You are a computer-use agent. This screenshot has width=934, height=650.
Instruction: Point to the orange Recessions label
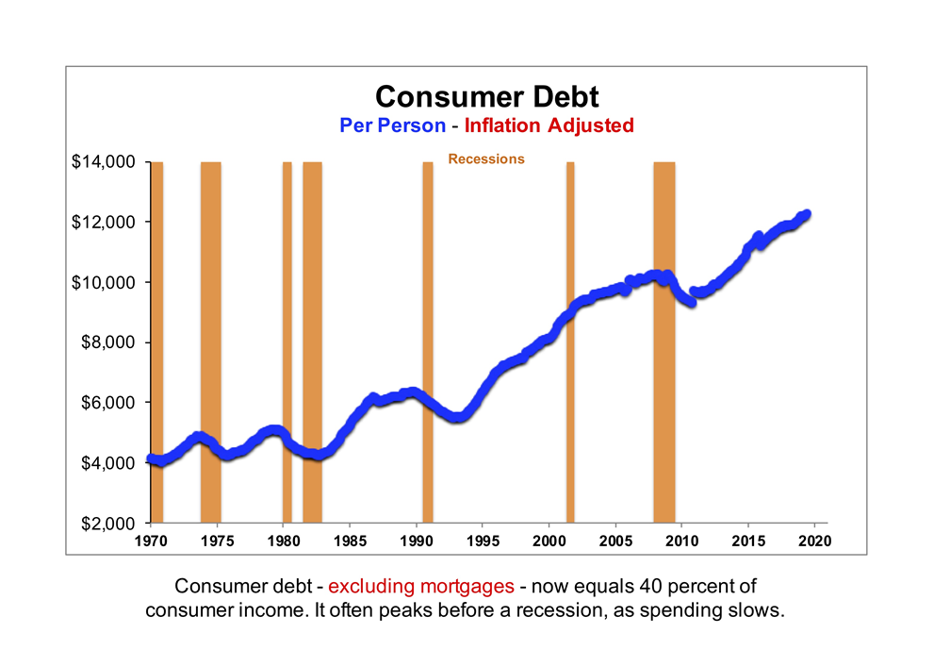(x=485, y=159)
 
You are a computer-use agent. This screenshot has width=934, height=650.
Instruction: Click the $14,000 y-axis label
(x=105, y=162)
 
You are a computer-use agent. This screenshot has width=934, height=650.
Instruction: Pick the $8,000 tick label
(x=109, y=342)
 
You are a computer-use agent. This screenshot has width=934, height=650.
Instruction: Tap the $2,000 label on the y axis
(x=109, y=523)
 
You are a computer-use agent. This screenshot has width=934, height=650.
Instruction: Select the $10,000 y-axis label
(x=105, y=282)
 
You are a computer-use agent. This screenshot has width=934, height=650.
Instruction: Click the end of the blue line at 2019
(x=806, y=215)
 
